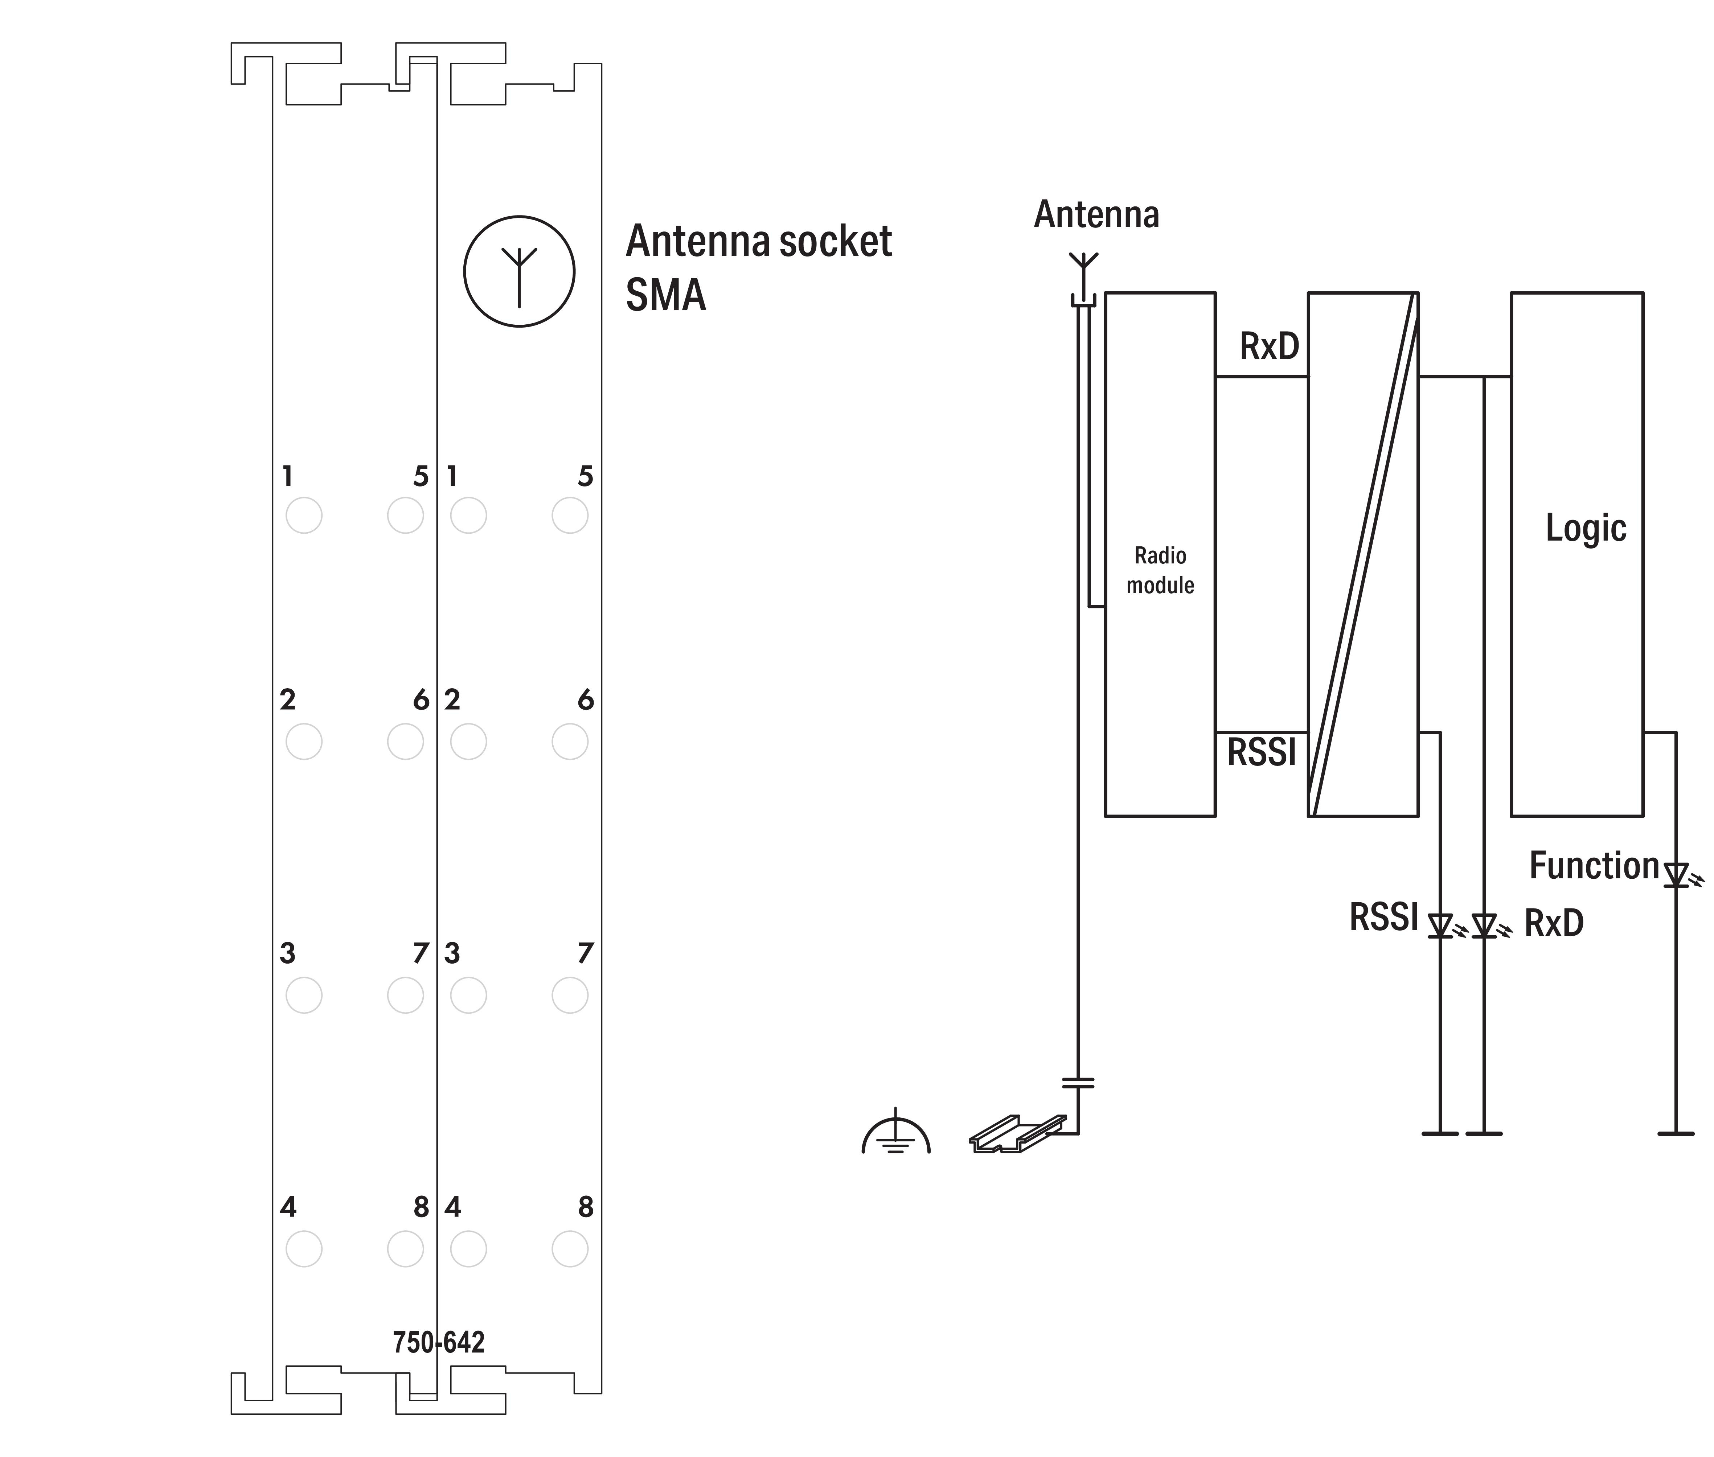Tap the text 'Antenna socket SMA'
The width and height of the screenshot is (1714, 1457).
pos(758,268)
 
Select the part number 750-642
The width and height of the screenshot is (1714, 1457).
pos(439,1342)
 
